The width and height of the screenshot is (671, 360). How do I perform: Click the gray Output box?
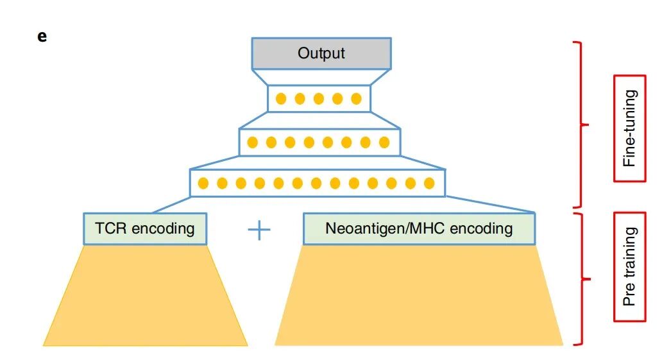[x=321, y=53]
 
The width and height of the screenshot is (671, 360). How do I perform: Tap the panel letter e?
[x=42, y=36]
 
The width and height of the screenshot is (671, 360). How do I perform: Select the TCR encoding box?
[x=145, y=228]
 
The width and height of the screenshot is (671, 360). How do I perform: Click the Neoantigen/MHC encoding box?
[x=419, y=228]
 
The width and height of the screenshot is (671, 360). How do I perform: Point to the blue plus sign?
[x=259, y=230]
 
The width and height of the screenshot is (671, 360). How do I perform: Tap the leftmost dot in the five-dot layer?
[x=280, y=99]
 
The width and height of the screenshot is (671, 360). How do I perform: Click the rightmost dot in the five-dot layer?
[x=357, y=99]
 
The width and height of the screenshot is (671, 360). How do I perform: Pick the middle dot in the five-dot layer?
[x=319, y=99]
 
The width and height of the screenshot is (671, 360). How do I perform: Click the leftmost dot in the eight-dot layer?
[x=253, y=142]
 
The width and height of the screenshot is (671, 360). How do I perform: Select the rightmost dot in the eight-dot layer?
[x=384, y=142]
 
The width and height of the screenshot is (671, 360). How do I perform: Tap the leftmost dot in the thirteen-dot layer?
[x=203, y=184]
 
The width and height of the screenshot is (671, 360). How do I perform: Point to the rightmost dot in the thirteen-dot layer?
[x=429, y=184]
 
